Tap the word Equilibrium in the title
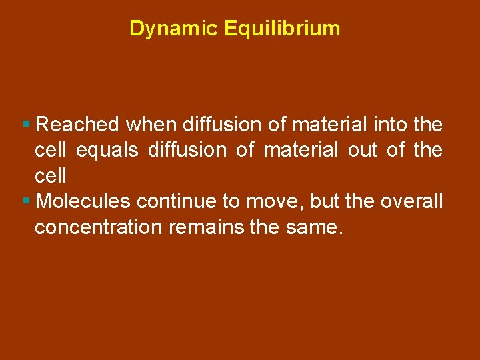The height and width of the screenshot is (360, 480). tap(283, 29)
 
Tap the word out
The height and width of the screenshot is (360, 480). tap(363, 151)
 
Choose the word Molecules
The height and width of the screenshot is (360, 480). tap(83, 201)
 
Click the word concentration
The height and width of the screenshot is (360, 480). tap(99, 227)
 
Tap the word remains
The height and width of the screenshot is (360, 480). tap(205, 227)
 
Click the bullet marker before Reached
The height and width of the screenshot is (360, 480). tap(26, 125)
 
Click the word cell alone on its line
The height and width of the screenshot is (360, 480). tap(51, 176)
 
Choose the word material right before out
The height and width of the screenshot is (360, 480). tap(301, 151)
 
